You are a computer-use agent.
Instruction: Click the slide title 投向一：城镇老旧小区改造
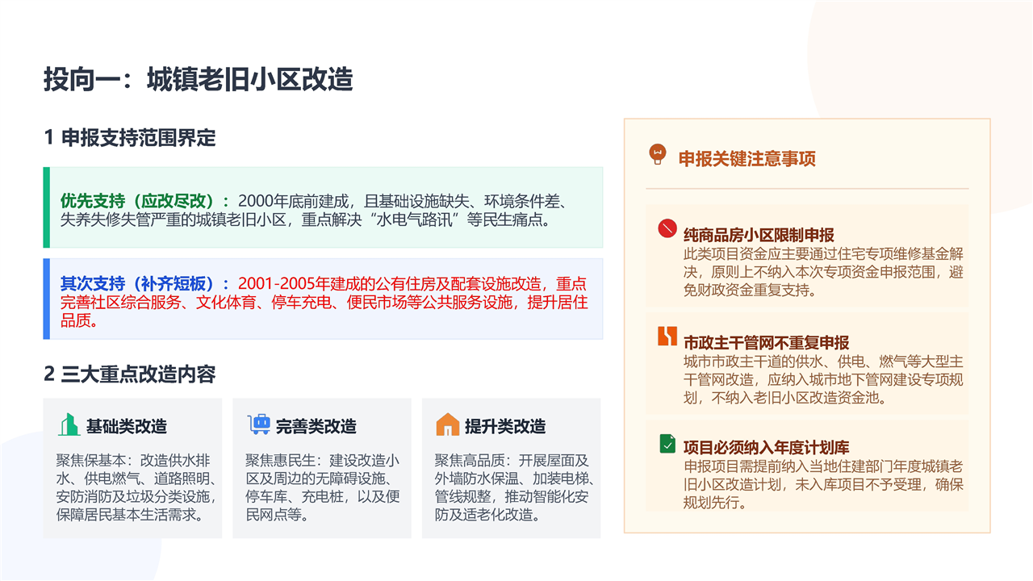coord(199,79)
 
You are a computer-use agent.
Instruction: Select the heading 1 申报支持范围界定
coord(130,137)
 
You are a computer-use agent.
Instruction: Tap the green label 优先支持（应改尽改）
coord(137,201)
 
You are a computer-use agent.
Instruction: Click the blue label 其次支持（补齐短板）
coord(137,283)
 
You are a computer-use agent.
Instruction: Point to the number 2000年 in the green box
coord(263,201)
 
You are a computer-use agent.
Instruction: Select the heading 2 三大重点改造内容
coord(130,374)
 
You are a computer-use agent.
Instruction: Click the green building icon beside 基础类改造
coord(69,424)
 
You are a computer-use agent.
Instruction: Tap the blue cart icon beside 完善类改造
coord(259,424)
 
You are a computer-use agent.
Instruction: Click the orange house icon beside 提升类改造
coord(448,424)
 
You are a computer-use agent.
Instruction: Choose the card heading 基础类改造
coord(127,426)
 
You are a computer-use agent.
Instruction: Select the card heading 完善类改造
coord(316,426)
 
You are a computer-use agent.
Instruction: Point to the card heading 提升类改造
coord(505,426)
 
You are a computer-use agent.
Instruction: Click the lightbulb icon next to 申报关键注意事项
coord(658,154)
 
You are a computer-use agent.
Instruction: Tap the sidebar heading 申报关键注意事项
coord(747,159)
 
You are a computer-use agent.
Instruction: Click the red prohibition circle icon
coord(667,228)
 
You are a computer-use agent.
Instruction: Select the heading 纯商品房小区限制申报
coord(759,235)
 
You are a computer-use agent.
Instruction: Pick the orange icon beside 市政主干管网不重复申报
coord(667,336)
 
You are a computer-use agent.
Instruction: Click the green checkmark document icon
coord(667,444)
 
